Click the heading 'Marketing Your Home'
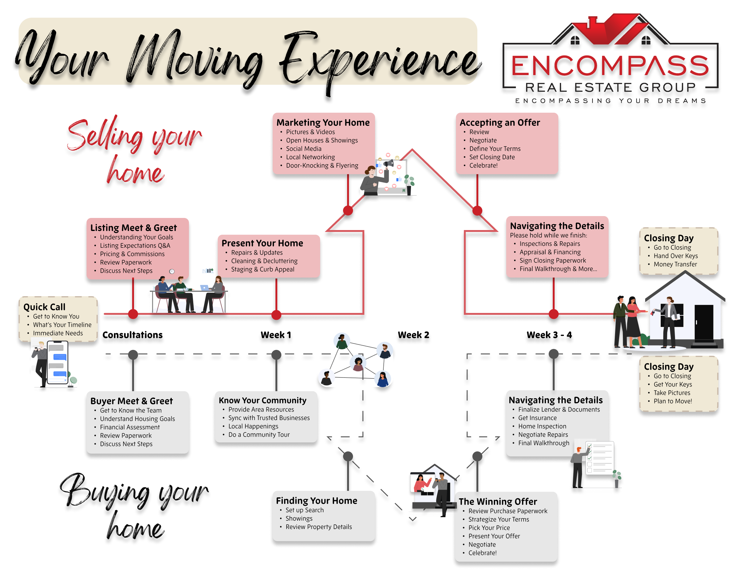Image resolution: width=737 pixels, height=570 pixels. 323,122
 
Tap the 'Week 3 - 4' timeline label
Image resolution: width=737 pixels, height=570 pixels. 549,335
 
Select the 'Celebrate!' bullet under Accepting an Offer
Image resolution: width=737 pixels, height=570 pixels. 483,165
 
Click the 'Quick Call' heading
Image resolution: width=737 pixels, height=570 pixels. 44,307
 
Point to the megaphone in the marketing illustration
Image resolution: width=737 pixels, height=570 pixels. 388,164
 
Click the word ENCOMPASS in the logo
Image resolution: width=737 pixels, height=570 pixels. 610,66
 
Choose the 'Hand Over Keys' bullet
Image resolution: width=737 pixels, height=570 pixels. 676,256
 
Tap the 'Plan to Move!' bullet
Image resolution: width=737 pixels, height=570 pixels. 672,401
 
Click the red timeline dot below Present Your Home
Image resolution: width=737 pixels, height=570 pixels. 276,315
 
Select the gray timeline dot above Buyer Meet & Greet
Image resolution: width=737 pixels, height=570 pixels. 133,355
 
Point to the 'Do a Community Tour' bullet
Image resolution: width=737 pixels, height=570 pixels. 259,435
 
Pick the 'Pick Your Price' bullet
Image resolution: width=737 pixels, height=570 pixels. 489,527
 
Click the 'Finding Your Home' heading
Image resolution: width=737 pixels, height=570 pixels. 316,500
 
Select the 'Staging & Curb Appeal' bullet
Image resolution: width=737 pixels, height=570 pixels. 262,269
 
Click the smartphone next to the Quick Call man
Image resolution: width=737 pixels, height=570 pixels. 58,362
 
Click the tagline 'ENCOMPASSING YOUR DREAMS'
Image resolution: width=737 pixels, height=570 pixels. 610,101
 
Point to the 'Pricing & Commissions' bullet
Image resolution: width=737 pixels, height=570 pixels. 132,254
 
